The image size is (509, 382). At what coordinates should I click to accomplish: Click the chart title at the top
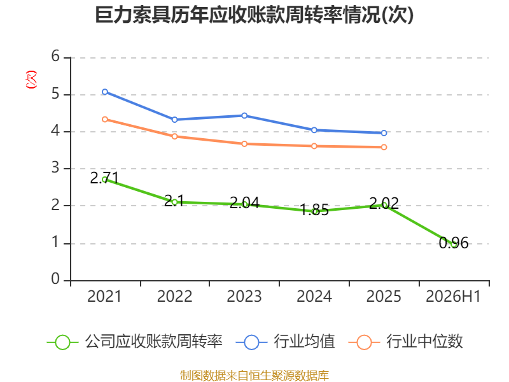coord(254,15)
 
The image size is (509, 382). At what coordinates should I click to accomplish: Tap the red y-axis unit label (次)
coord(31,80)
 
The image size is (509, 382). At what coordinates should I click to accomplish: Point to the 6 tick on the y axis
coord(55,57)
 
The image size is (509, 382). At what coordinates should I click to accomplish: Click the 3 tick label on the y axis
coord(55,168)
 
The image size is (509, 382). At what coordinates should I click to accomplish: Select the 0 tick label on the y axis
coord(55,279)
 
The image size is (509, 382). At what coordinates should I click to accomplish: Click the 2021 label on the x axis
coord(104,297)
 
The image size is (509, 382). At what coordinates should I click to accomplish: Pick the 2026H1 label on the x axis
coord(453,297)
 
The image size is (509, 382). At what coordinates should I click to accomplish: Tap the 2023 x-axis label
coord(244,297)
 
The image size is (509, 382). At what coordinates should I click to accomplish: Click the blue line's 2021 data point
coord(105,92)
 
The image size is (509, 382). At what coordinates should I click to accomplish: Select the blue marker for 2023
coord(244,116)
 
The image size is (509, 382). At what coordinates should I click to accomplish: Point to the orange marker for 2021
coord(105,120)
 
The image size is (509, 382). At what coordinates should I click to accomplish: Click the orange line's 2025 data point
coord(384,147)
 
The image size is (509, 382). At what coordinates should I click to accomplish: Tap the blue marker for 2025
coord(384,133)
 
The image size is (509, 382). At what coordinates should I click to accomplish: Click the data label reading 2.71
coord(104,178)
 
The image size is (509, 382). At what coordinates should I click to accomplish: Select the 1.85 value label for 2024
coord(314,210)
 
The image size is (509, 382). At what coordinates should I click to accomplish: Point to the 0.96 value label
coord(454,243)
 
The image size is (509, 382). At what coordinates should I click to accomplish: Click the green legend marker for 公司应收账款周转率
coord(62,343)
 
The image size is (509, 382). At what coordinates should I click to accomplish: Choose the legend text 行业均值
coord(304,342)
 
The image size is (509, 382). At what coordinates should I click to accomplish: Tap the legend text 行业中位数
coord(424,342)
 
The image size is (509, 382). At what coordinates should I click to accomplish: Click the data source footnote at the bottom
coord(254,376)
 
